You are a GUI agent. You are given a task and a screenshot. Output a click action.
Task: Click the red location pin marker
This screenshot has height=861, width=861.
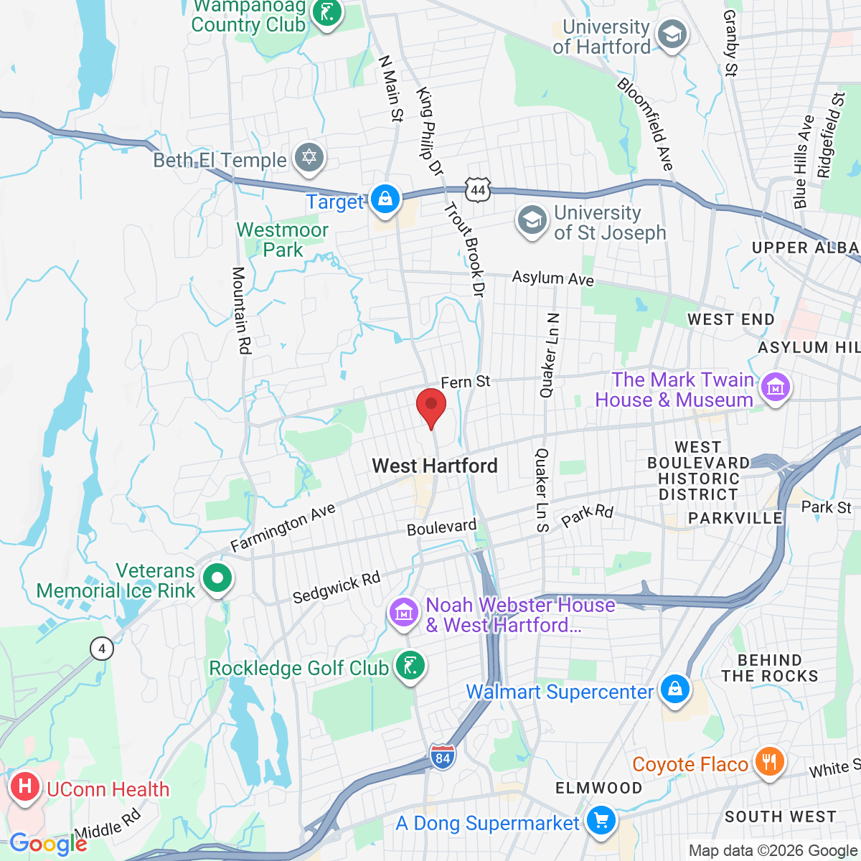pos(431,405)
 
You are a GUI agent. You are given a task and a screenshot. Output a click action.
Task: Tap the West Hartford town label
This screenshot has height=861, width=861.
pos(435,466)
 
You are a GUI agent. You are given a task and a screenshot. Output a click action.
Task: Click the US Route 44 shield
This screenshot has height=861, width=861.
pos(478,190)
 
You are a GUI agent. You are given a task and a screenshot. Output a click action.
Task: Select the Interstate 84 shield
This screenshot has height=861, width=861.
pos(443,757)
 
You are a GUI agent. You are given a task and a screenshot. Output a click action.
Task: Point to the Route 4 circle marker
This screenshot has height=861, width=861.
pos(102,649)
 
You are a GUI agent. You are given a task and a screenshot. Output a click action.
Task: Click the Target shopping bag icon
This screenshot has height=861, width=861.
pos(385,199)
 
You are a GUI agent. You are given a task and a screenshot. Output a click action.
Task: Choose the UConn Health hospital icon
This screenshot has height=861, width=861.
pos(25,787)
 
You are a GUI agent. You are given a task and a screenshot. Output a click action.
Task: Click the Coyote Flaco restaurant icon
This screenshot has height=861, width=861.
pos(768,762)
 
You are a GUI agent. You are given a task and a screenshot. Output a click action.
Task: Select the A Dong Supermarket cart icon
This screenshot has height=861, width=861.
pos(600,820)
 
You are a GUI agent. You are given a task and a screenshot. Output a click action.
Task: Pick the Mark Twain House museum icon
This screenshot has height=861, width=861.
pos(775,388)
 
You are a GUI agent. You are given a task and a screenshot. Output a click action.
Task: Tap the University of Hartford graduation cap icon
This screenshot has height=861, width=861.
pos(672,35)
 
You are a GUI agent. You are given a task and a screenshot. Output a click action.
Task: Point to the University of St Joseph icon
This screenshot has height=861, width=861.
pos(532,220)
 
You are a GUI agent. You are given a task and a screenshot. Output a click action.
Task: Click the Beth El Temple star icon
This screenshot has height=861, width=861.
pos(309,158)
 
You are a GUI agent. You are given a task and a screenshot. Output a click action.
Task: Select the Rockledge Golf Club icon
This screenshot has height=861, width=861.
pos(410,666)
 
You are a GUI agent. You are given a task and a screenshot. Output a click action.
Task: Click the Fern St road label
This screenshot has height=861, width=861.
pos(465,382)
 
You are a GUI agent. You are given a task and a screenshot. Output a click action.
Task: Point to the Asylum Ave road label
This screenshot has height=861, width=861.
pos(552,278)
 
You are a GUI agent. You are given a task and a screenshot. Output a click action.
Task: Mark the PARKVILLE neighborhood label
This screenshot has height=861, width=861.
pos(735,518)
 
